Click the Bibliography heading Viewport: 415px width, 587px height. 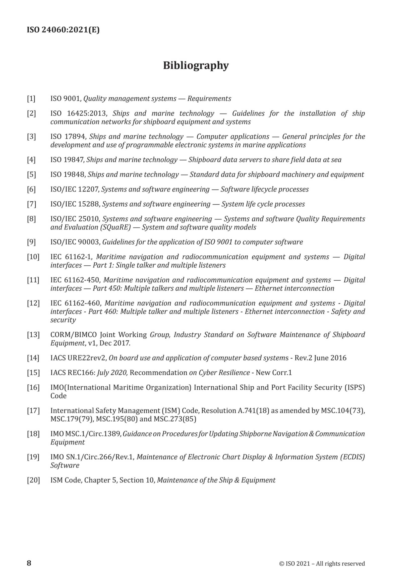coord(196,66)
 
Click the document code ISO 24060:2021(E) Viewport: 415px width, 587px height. coord(63,30)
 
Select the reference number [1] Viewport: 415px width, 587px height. coord(31,99)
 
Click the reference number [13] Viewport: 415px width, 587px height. coord(33,335)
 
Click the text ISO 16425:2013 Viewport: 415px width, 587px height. coord(79,113)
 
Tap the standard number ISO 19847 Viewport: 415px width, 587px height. coord(67,160)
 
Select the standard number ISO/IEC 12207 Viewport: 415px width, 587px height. coord(74,190)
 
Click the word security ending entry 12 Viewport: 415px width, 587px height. coord(63,320)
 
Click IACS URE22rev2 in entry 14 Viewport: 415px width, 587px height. coord(78,358)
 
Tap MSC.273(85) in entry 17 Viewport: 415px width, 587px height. coord(175,419)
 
